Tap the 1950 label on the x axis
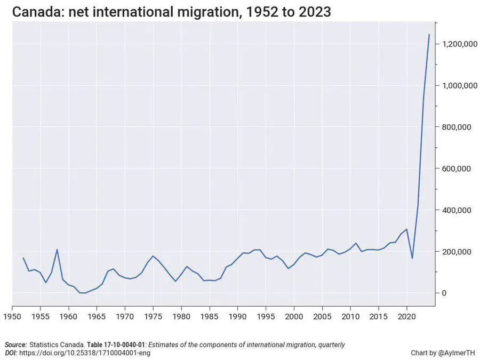12,316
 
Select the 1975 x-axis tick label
153,316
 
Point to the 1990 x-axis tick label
238,316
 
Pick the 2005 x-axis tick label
322,316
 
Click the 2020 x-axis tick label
407,316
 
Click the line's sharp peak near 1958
57,250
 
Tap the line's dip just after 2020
412,258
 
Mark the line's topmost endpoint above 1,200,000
429,35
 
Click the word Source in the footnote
16,345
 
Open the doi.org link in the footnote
85,353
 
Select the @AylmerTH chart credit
453,353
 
